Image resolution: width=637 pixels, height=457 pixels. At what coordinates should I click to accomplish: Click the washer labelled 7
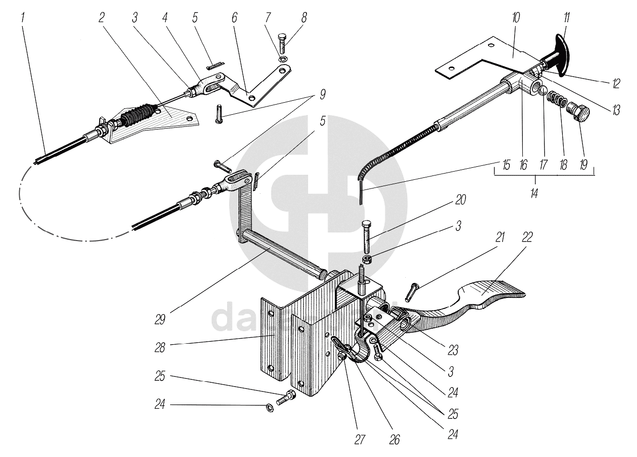[x=282, y=60]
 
